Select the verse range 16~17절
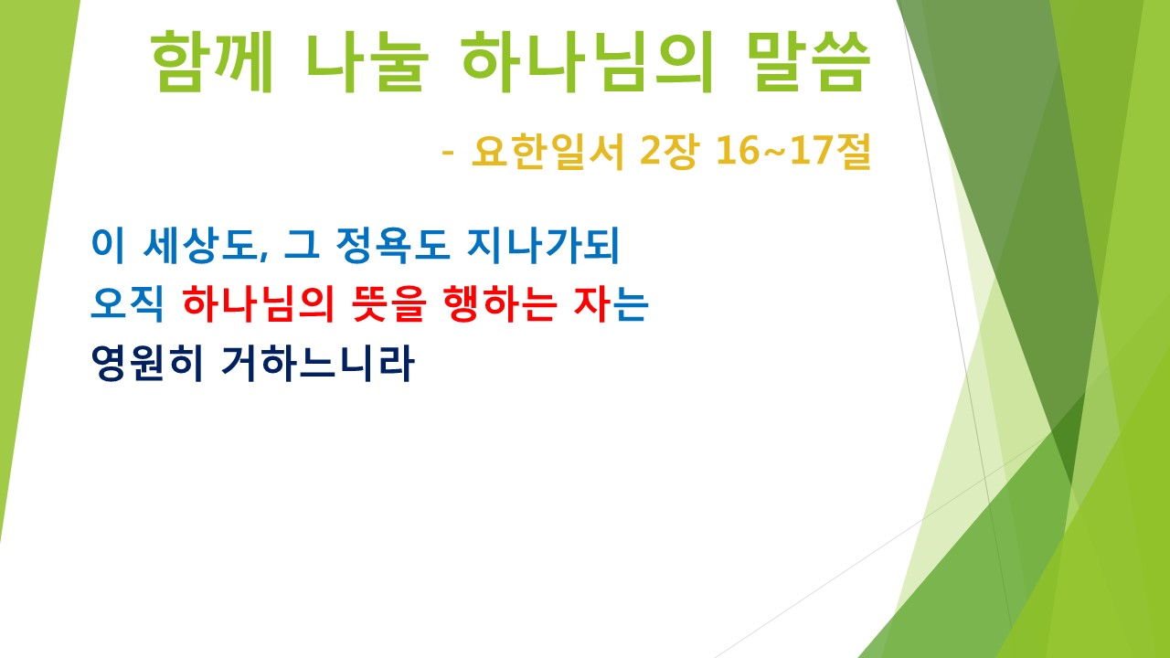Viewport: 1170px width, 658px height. (x=792, y=153)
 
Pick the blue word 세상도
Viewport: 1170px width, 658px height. (x=205, y=246)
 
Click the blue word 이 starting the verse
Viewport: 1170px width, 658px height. (x=106, y=246)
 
